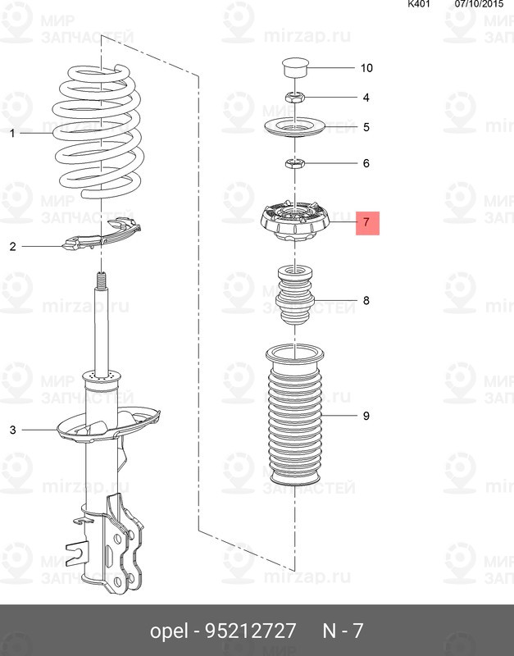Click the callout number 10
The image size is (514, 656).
coord(366,68)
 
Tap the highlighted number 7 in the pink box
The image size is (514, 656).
coord(367,222)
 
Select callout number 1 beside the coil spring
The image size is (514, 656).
coord(12,133)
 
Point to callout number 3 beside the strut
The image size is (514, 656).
coord(12,430)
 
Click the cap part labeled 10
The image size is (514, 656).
coord(295,68)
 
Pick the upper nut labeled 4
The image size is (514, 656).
coord(294,98)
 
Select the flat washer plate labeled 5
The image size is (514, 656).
coord(295,127)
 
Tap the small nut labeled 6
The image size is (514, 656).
coord(294,162)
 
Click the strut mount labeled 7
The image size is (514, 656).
coord(295,220)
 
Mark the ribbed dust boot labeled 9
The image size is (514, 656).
coord(295,415)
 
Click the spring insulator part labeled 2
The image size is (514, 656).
coord(102,235)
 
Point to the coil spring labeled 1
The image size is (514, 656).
coord(98,131)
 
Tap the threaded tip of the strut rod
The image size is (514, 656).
coord(101,280)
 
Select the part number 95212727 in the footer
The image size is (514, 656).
coord(250,631)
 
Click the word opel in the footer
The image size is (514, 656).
coord(169,631)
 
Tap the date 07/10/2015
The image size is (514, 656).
coord(480,4)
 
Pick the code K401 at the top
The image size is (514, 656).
coord(419,4)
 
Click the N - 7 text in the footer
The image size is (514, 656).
coord(343,631)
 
